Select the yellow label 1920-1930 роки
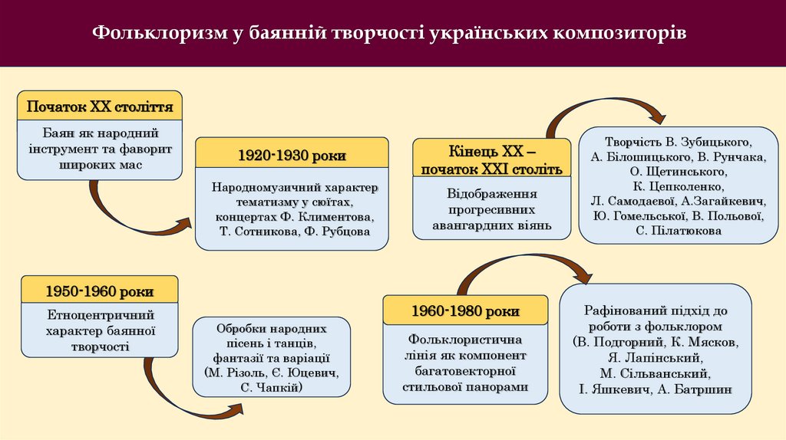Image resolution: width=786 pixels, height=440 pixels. [x=291, y=156]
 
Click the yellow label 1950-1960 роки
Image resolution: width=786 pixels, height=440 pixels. [x=99, y=291]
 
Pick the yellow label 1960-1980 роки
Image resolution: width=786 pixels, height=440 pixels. [x=465, y=310]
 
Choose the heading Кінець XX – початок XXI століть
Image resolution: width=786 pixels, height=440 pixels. [x=491, y=159]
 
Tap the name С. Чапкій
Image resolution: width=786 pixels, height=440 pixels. [x=271, y=389]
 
